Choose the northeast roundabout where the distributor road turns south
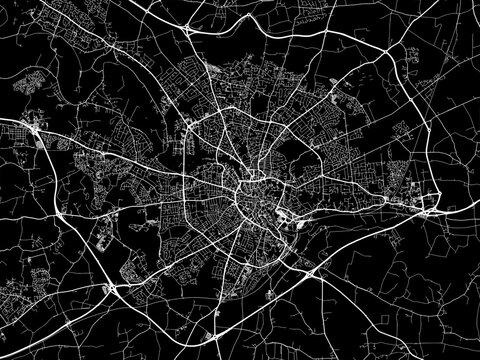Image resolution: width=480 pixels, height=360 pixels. tap(385, 52)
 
